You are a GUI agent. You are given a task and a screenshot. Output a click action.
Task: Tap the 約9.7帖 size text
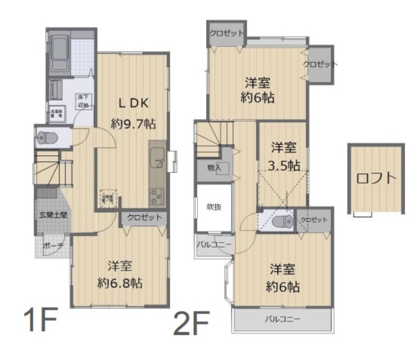point(133,124)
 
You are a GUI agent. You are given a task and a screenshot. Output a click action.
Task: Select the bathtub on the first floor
point(58,54)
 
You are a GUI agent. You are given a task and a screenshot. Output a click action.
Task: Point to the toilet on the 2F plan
point(278,222)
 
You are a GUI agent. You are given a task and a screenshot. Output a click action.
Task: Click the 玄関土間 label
point(53,214)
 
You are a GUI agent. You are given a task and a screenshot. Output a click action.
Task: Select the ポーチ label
point(53,245)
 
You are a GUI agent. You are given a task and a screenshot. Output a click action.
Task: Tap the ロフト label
point(376,179)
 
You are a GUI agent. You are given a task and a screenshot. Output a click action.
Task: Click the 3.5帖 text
point(283,166)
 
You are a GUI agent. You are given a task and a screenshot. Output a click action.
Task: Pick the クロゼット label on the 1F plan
point(144,217)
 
